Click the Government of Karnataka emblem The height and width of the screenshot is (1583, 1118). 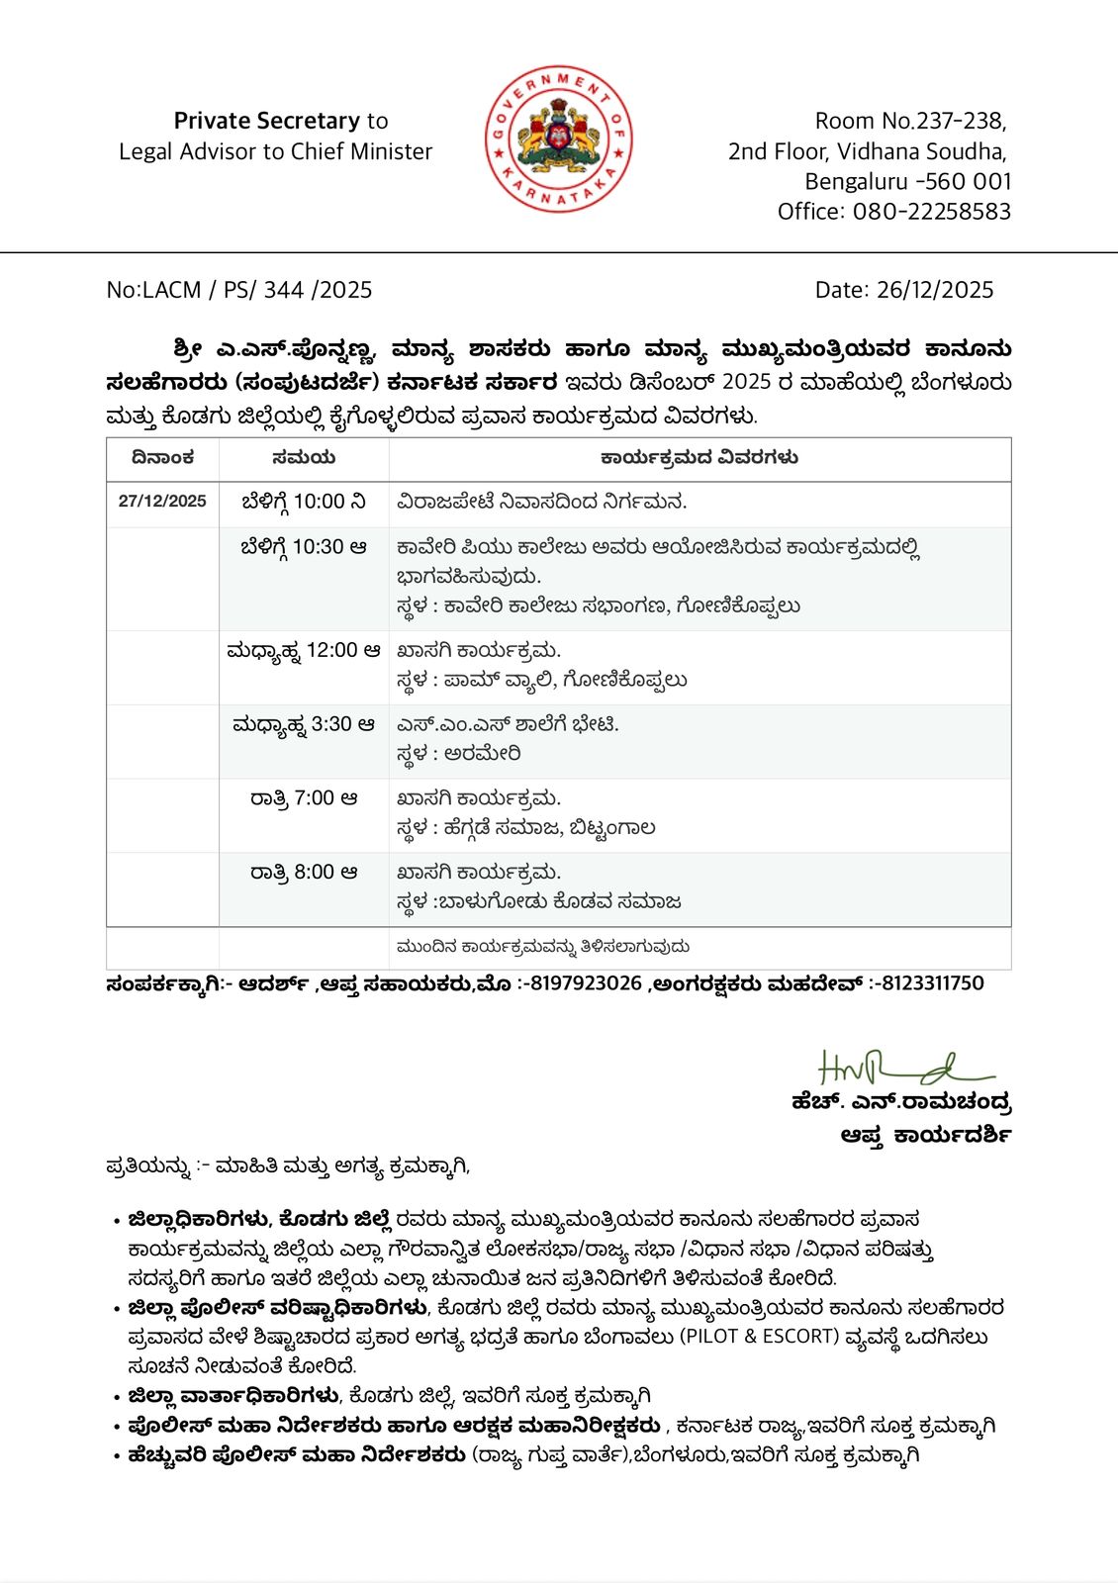coord(559,139)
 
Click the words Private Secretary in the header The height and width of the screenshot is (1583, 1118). coord(267,121)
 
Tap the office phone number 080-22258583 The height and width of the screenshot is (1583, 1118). coord(931,212)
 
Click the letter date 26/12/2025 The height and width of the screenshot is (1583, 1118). coord(935,290)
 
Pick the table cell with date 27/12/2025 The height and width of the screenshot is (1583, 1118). coord(162,502)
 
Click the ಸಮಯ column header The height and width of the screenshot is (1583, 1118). coord(304,458)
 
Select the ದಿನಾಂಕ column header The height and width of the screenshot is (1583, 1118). coord(162,458)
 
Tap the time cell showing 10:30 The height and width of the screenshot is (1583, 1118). coord(304,547)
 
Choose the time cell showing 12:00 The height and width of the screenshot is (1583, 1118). coord(304,651)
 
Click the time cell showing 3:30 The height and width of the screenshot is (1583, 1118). coord(304,725)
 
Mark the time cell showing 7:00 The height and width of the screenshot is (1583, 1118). coord(304,798)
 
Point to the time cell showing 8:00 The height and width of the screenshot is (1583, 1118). coord(304,873)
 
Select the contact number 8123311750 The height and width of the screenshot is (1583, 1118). coord(933,983)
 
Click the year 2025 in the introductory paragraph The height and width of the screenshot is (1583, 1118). coord(746,383)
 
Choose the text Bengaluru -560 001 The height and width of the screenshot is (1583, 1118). coord(908,182)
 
